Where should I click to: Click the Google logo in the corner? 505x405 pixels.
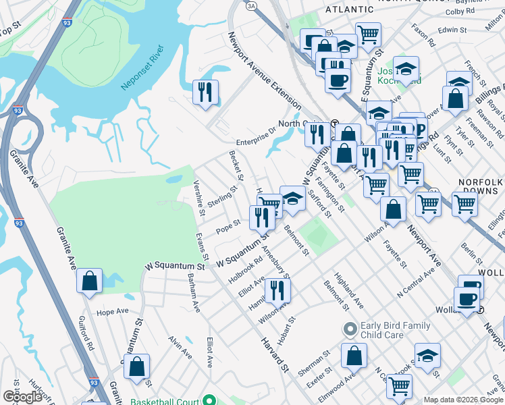click(22, 397)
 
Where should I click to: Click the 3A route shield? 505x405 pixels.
click(252, 5)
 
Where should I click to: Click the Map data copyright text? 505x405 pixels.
click(463, 400)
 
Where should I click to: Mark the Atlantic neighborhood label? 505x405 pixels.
click(349, 9)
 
